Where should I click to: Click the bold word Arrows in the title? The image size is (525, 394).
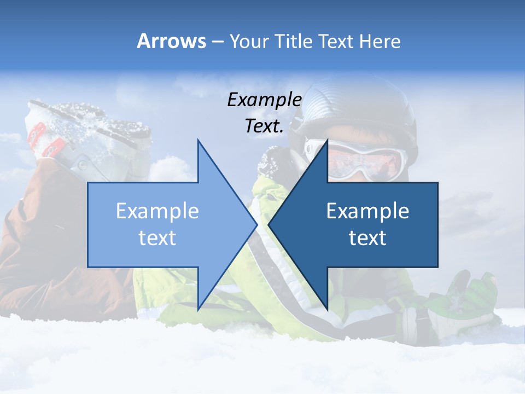(171, 41)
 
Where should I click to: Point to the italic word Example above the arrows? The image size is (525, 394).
(264, 100)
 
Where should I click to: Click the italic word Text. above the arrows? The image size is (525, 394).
(264, 126)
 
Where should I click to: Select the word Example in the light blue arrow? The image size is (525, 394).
(157, 211)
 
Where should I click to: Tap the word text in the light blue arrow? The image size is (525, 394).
(157, 238)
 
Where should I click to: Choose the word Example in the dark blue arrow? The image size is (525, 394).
(367, 211)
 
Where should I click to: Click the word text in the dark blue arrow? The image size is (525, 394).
(367, 238)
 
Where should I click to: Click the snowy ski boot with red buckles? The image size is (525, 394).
(87, 137)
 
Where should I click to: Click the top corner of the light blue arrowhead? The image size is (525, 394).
(198, 141)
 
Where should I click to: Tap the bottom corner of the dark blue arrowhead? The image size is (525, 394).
(327, 309)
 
